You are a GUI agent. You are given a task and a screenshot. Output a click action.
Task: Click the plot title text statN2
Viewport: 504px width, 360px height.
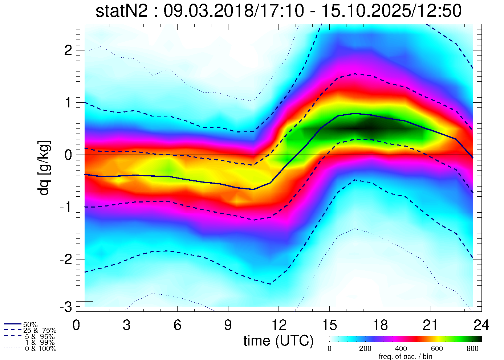121,11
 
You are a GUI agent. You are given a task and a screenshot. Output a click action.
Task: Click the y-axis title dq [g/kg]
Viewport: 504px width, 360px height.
44,168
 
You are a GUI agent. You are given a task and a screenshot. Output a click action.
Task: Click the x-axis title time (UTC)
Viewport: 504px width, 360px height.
278,341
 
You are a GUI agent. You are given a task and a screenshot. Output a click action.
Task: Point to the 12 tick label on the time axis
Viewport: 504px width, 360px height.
278,325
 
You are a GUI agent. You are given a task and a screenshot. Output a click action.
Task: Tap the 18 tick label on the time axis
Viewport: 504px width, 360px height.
380,325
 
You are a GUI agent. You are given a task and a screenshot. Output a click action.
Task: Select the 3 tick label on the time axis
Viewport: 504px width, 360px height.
127,325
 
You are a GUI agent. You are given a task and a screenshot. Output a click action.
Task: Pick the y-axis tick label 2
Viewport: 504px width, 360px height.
68,50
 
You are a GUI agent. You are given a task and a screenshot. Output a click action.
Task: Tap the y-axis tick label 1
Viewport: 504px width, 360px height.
68,103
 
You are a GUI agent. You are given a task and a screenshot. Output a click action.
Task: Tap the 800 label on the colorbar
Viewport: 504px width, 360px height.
472,349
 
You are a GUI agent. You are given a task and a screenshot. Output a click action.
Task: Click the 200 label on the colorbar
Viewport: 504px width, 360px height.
365,349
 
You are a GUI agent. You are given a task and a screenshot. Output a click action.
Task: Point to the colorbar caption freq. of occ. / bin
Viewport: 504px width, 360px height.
405,356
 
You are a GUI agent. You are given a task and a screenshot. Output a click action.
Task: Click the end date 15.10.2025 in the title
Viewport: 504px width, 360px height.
367,11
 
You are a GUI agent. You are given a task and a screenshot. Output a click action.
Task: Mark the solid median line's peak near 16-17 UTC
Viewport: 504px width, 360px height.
355,114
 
